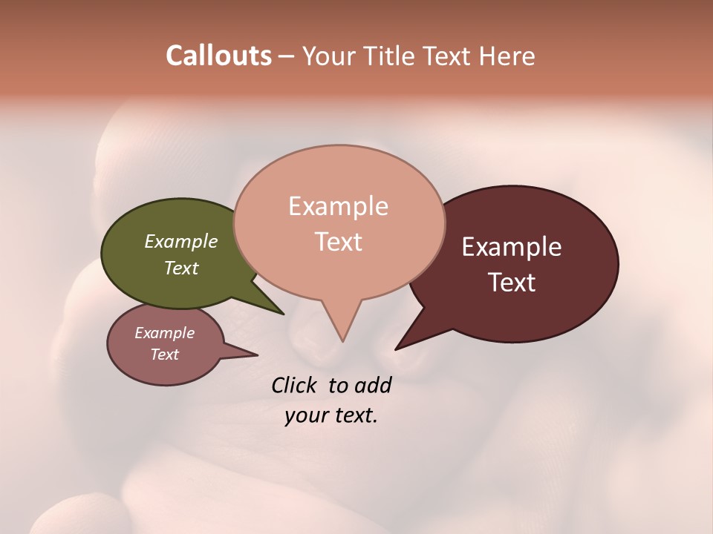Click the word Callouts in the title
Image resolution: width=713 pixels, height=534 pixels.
218,56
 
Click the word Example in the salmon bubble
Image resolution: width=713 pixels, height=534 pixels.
338,206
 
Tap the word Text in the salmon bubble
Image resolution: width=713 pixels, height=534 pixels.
338,242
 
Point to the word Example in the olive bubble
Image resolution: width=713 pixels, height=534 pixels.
180,242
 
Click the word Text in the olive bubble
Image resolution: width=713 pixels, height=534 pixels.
180,268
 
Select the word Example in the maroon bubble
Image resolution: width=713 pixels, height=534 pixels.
512,247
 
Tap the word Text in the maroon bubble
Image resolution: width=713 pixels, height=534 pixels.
512,283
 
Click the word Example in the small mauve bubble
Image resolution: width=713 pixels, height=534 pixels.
164,333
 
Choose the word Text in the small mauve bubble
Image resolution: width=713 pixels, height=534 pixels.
164,355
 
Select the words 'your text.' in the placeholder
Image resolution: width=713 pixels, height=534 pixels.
331,415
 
